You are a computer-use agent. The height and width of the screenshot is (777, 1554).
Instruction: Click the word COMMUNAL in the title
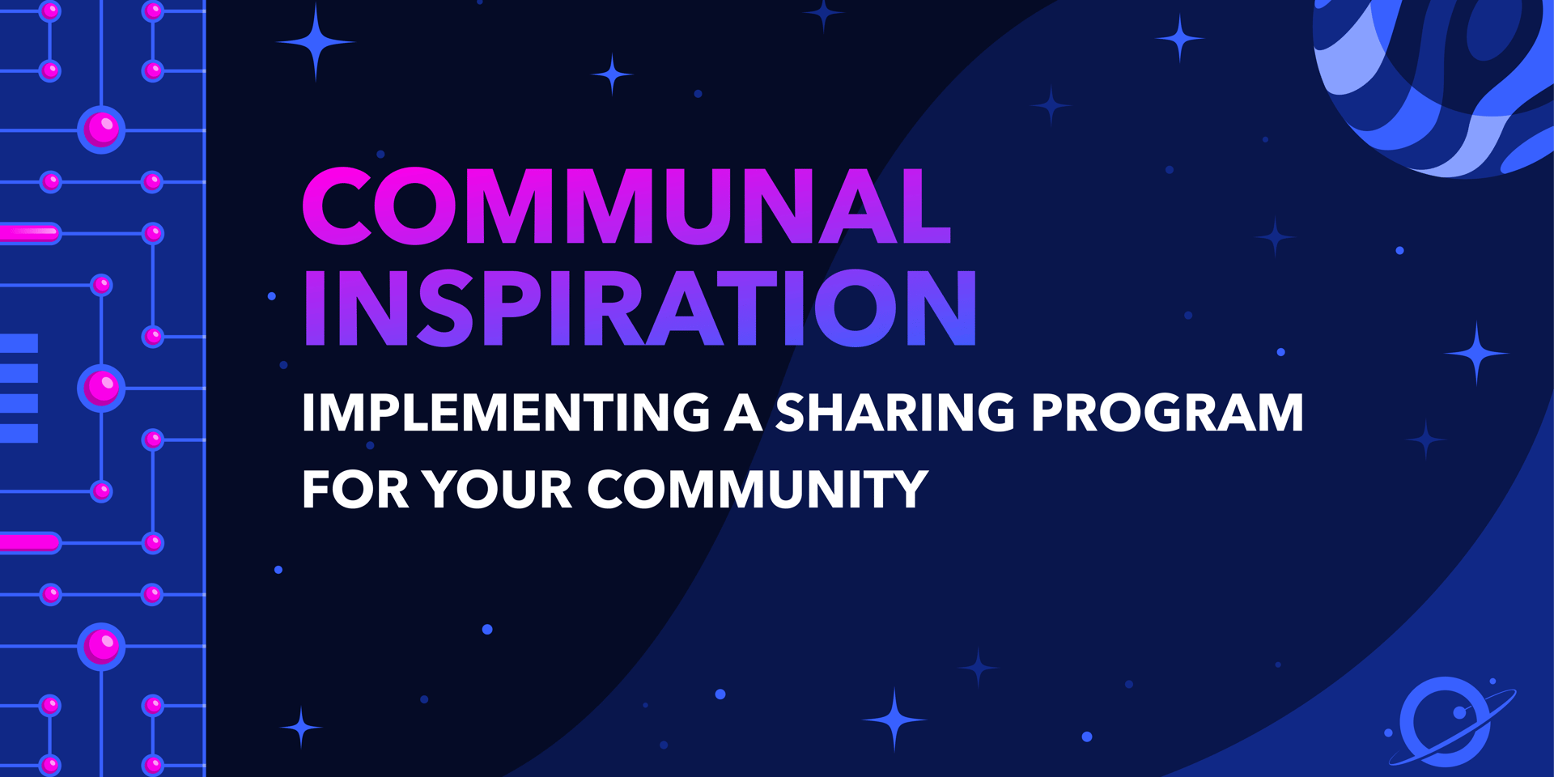point(626,206)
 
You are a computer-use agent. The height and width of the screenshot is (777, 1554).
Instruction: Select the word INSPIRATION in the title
point(640,308)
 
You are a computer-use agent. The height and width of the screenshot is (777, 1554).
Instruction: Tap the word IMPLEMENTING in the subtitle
point(507,412)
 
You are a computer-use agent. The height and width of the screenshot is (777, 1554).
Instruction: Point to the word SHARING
point(895,412)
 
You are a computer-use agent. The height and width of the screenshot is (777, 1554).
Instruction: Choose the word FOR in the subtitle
point(355,489)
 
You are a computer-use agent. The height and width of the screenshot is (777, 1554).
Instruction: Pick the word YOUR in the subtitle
point(498,489)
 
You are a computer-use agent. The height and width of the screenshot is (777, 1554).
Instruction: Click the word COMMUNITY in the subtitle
point(758,489)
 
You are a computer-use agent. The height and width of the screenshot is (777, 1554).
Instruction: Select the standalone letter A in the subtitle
point(743,412)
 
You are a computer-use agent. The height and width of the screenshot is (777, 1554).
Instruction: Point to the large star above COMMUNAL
point(315,42)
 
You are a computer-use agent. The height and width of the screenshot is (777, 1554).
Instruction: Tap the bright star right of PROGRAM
point(1476,353)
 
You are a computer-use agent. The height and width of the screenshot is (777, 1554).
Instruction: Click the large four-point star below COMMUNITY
point(894,719)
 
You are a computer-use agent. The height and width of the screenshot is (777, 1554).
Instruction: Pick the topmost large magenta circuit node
point(101,129)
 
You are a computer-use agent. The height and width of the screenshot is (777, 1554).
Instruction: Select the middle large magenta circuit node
point(101,388)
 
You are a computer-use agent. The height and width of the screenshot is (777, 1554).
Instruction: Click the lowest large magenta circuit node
point(101,647)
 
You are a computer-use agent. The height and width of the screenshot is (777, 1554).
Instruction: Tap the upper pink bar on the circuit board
point(30,233)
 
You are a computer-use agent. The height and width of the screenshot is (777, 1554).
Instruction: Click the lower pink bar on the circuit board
point(30,543)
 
